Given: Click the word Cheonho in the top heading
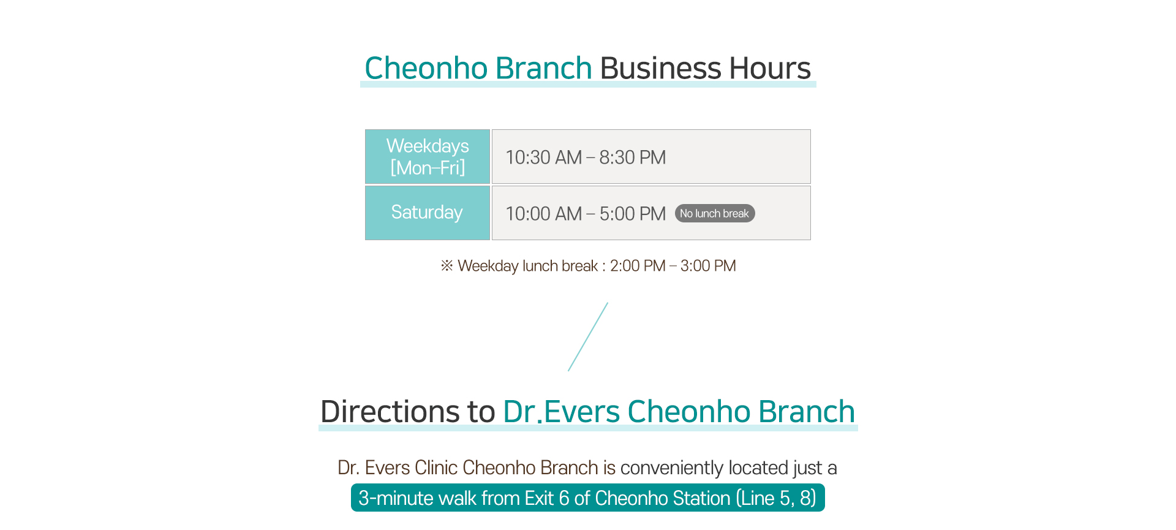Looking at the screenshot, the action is coord(426,67).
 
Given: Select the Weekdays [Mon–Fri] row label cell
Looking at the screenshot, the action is coord(428,156).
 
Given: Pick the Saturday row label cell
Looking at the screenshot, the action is coord(428,213).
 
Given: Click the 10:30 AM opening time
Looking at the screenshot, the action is coord(544,157).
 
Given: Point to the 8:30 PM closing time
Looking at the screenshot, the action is coord(632,157).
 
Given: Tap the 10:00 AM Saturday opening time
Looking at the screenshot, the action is coord(544,214).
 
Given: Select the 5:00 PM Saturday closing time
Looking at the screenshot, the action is coord(632,214).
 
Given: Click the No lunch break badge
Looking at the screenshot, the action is coord(715,213).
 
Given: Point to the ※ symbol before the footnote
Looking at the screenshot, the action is coord(447,265).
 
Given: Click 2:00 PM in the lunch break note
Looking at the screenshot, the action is coord(638,266).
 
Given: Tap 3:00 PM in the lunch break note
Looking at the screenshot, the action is coord(708,266).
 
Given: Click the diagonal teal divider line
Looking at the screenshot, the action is coord(588,336).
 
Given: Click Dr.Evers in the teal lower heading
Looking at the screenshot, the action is coord(562,411).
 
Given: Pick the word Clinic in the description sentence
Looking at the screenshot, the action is coord(436,468).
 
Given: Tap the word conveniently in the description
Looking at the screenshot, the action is coord(672,468).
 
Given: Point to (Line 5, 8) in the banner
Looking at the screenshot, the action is coord(776,498).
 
